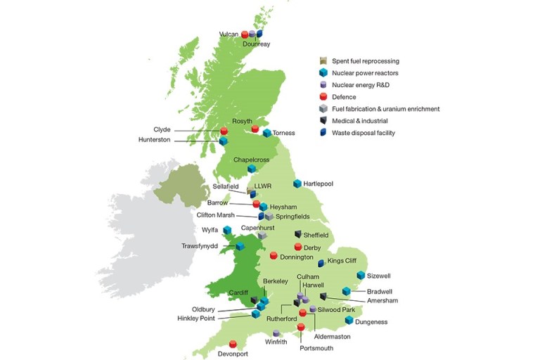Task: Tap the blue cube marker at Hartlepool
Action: coord(297,184)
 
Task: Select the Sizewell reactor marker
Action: coord(361,275)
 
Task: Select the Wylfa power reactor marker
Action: coord(227,230)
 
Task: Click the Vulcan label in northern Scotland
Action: coord(229,34)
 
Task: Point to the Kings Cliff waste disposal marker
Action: coord(321,263)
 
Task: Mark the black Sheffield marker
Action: coord(298,234)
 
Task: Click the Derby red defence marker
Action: coord(298,247)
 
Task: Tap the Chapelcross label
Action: coord(252,160)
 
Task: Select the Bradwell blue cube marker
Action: coord(346,291)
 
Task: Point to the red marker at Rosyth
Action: coord(255,129)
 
